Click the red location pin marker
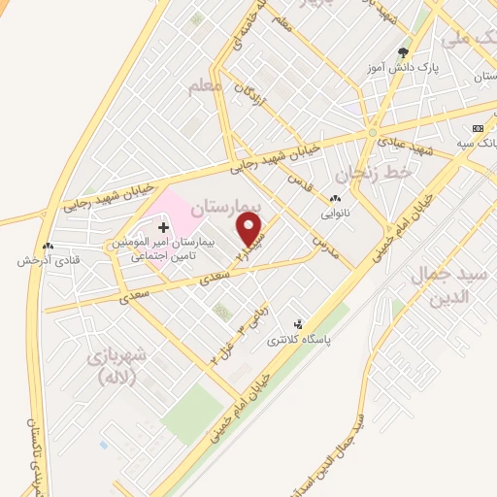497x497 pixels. (250, 229)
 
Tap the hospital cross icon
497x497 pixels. (163, 226)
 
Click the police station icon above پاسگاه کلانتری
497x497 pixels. (298, 324)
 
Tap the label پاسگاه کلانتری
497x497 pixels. (324, 340)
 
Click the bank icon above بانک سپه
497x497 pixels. (477, 128)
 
